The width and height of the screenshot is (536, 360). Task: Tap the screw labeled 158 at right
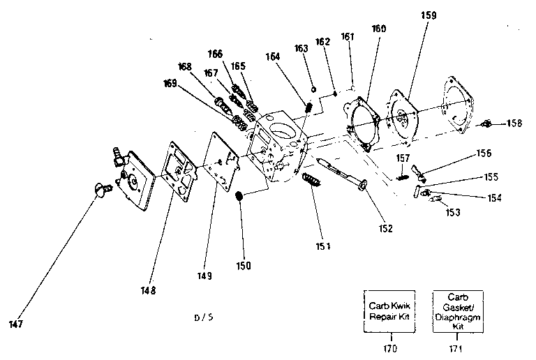pos(489,125)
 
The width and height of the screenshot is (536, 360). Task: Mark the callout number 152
pos(385,227)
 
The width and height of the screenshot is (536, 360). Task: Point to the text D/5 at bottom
pos(204,317)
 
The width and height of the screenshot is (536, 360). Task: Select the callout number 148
pos(147,290)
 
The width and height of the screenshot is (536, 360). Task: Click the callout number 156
pos(483,153)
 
